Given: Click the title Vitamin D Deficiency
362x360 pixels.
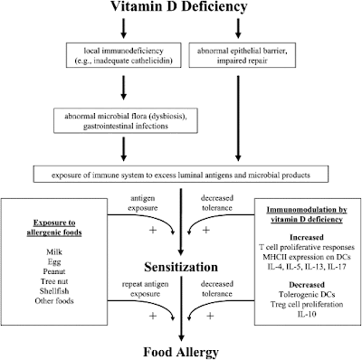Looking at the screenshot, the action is coord(179,6).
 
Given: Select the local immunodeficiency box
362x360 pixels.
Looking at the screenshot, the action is coord(124,55).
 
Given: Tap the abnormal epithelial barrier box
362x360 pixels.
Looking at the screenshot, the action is coord(243,55).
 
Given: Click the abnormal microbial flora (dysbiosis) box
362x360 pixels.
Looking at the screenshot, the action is coord(126,120).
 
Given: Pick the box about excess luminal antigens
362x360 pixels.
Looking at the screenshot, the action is coord(181,174).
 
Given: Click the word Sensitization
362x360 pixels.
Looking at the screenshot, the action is coord(181,267).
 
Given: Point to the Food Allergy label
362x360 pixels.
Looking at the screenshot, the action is coord(181,352).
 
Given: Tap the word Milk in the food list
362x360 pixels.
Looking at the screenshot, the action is coord(54,251).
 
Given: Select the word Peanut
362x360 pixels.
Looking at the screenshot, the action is coord(54,271).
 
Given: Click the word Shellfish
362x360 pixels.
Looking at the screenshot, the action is coord(54,291).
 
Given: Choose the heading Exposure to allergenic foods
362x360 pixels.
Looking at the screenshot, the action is coord(54,228).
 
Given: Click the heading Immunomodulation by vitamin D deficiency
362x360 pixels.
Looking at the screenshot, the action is coord(307,214).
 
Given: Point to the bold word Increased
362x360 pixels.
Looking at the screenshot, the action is coord(307,237).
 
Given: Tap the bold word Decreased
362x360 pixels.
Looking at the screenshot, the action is coord(307,285).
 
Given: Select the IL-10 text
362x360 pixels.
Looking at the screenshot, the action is coord(307,314).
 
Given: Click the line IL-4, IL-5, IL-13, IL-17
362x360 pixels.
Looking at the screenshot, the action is coord(307,267).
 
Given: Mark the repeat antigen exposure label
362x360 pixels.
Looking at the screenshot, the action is coord(145,289).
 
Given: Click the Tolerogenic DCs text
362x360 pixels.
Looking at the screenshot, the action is coord(307,294).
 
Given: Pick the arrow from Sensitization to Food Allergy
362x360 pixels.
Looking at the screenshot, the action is coord(181,309).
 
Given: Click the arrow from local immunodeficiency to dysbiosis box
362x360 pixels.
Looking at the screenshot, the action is coord(123,88).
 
